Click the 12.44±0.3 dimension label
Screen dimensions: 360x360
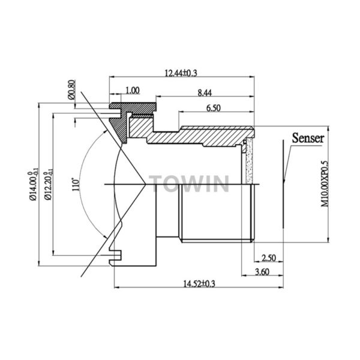point(181,73)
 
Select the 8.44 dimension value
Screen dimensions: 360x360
point(205,93)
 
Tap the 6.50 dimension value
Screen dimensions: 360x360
point(213,108)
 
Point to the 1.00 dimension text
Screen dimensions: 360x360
point(133,90)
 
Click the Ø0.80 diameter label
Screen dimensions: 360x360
point(71,90)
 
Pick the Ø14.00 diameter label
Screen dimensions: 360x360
point(34,185)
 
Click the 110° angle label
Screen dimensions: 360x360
point(76,184)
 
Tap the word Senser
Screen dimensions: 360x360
point(308,138)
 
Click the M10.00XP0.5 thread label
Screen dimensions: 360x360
point(325,184)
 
